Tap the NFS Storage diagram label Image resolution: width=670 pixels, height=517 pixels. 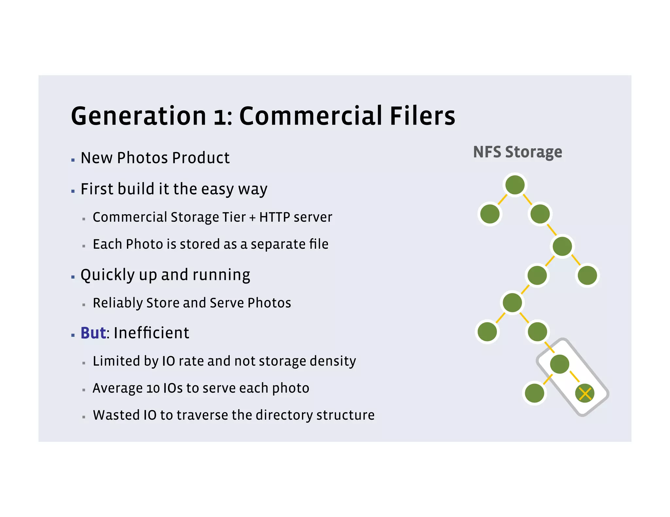click(x=518, y=152)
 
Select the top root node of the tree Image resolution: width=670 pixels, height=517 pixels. click(x=515, y=185)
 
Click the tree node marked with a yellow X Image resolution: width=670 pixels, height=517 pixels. click(x=585, y=393)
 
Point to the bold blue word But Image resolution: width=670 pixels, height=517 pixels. click(x=93, y=333)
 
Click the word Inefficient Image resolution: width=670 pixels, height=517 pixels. click(x=151, y=333)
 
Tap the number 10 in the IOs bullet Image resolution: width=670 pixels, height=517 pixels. click(x=153, y=389)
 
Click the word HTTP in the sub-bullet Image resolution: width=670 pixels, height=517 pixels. click(x=274, y=217)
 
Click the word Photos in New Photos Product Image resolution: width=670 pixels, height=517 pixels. click(x=143, y=158)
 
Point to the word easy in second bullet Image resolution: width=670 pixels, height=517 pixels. click(x=217, y=189)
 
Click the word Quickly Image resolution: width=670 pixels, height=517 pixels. click(x=108, y=275)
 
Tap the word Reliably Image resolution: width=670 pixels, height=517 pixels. click(x=118, y=303)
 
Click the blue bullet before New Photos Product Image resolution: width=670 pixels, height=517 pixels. click(x=73, y=160)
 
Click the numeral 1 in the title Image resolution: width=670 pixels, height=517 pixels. click(x=220, y=117)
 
